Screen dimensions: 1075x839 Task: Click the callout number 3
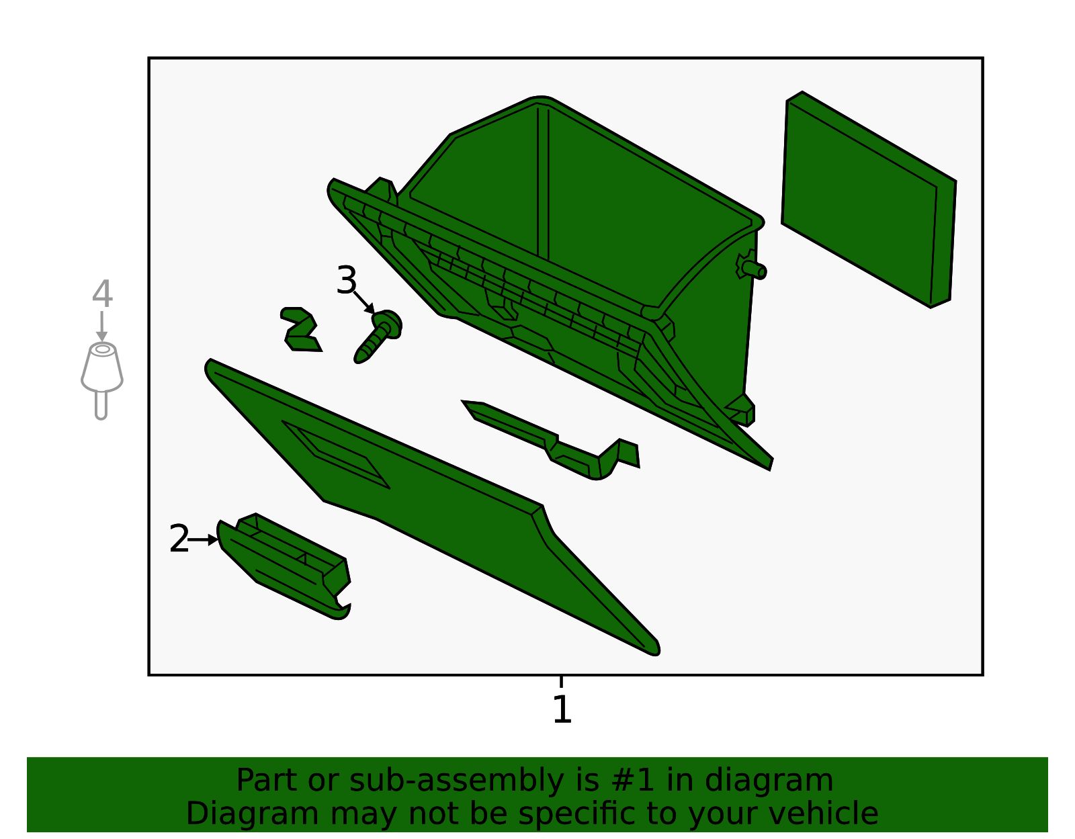346,280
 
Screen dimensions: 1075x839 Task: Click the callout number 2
179,539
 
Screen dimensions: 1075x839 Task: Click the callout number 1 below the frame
562,709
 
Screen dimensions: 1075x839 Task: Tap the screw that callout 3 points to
378,336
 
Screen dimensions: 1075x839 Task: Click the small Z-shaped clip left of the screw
300,330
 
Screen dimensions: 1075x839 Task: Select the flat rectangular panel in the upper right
869,200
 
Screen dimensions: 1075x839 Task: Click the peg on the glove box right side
753,269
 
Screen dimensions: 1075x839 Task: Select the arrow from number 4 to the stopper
102,326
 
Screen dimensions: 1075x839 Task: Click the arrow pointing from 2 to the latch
204,539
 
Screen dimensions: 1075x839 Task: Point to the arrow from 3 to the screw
365,302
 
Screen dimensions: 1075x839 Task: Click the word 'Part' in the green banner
268,781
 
